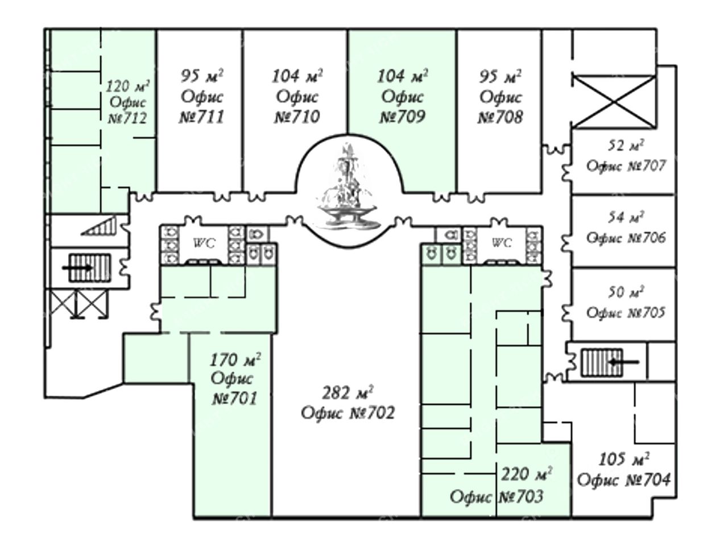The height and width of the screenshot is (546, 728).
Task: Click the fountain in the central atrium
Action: pyautogui.click(x=346, y=188)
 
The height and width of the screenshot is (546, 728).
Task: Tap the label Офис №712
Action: pyautogui.click(x=127, y=110)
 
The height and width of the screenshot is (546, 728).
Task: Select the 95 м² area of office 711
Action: pyautogui.click(x=202, y=76)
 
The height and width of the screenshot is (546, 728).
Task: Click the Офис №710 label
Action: pyautogui.click(x=297, y=107)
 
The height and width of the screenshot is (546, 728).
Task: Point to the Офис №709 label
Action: pyautogui.click(x=402, y=107)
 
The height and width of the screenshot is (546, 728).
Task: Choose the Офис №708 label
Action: pyautogui.click(x=500, y=107)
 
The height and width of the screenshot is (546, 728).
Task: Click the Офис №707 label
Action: pyautogui.click(x=626, y=167)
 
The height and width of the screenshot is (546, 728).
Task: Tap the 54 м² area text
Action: pyautogui.click(x=626, y=217)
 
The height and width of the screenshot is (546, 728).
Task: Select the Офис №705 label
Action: pyautogui.click(x=626, y=313)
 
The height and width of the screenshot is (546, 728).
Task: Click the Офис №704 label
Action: pyautogui.click(x=624, y=479)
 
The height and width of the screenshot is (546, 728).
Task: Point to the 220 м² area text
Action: pyautogui.click(x=527, y=473)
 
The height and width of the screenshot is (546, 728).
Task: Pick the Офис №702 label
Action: pyautogui.click(x=348, y=412)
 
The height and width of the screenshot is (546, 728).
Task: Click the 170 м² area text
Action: pyautogui.click(x=235, y=360)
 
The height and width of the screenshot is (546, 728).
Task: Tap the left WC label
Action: pyautogui.click(x=204, y=243)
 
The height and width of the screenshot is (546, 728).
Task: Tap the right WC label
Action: pyautogui.click(x=501, y=243)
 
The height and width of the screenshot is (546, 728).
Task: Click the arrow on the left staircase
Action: pyautogui.click(x=77, y=267)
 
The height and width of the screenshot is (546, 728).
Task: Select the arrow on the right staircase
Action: pyautogui.click(x=623, y=362)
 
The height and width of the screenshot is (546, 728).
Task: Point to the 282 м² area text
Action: pyautogui.click(x=348, y=393)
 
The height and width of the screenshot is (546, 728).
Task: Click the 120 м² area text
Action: pyautogui.click(x=127, y=87)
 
